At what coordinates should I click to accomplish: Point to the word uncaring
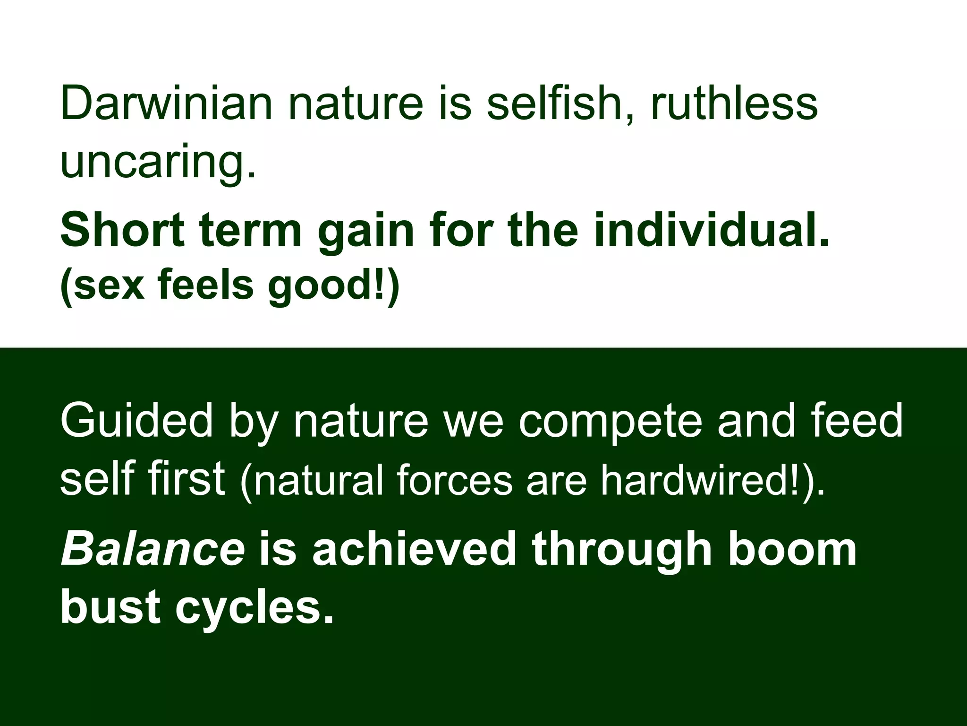pyautogui.click(x=158, y=161)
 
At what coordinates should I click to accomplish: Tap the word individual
pyautogui.click(x=711, y=230)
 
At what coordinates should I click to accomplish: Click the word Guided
pyautogui.click(x=136, y=420)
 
